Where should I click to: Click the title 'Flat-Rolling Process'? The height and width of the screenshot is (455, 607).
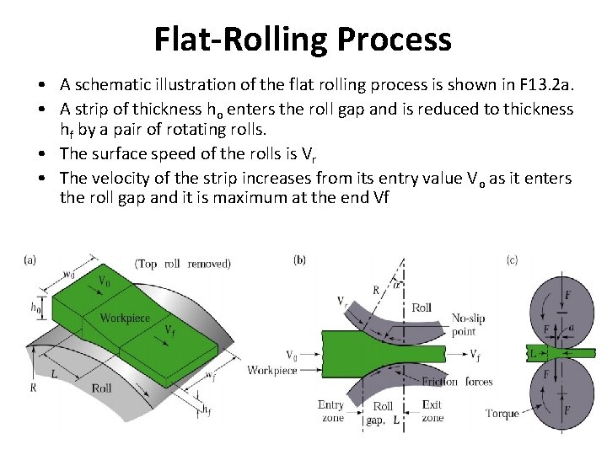(303, 39)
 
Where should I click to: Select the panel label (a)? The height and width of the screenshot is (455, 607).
(30, 260)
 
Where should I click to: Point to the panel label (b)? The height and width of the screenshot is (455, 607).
(299, 260)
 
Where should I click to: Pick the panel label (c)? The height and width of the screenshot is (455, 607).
(512, 260)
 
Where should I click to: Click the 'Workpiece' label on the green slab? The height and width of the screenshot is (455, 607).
(125, 318)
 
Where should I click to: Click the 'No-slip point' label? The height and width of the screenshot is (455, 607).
(468, 324)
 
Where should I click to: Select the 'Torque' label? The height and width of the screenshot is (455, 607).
(502, 413)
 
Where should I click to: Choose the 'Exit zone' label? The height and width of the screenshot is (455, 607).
(432, 411)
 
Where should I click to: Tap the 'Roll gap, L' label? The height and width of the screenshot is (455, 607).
(383, 413)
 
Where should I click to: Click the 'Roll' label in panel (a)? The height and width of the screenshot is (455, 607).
(102, 388)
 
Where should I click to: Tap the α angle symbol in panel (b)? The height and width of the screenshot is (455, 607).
(398, 285)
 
